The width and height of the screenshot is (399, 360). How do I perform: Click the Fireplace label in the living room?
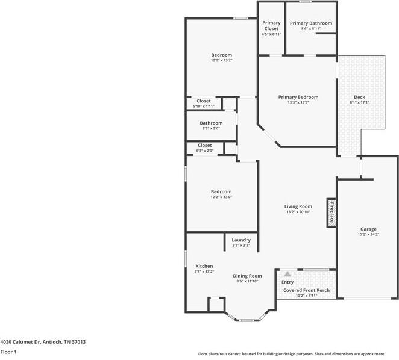[331, 213]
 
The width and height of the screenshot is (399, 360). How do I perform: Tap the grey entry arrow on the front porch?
[287, 274]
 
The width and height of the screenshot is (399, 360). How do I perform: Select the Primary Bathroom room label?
[311, 23]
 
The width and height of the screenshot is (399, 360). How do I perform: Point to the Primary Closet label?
[271, 26]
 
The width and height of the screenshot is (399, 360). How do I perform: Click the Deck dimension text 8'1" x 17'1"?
[360, 102]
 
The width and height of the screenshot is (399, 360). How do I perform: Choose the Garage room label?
[368, 229]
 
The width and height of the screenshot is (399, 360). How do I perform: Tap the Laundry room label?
[241, 240]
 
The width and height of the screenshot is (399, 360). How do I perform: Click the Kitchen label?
[204, 266]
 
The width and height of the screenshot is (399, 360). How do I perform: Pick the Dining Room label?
[247, 276]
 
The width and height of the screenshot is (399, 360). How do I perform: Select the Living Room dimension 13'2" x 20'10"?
[298, 212]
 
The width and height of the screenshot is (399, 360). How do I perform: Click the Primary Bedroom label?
[298, 97]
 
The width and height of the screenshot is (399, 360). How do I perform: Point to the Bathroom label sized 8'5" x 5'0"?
[211, 123]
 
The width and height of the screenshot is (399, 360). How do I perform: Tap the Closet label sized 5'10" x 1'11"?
[204, 101]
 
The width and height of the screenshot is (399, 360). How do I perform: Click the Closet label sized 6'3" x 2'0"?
[204, 146]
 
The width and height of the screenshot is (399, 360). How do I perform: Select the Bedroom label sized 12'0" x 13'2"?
[221, 55]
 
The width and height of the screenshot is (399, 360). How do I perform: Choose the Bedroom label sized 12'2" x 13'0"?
[221, 191]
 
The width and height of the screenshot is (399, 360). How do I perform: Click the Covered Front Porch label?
[306, 290]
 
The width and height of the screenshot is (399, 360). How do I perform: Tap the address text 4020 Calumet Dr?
[20, 342]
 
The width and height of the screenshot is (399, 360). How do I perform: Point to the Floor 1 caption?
[8, 352]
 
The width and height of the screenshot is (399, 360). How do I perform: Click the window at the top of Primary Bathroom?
[304, 2]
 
